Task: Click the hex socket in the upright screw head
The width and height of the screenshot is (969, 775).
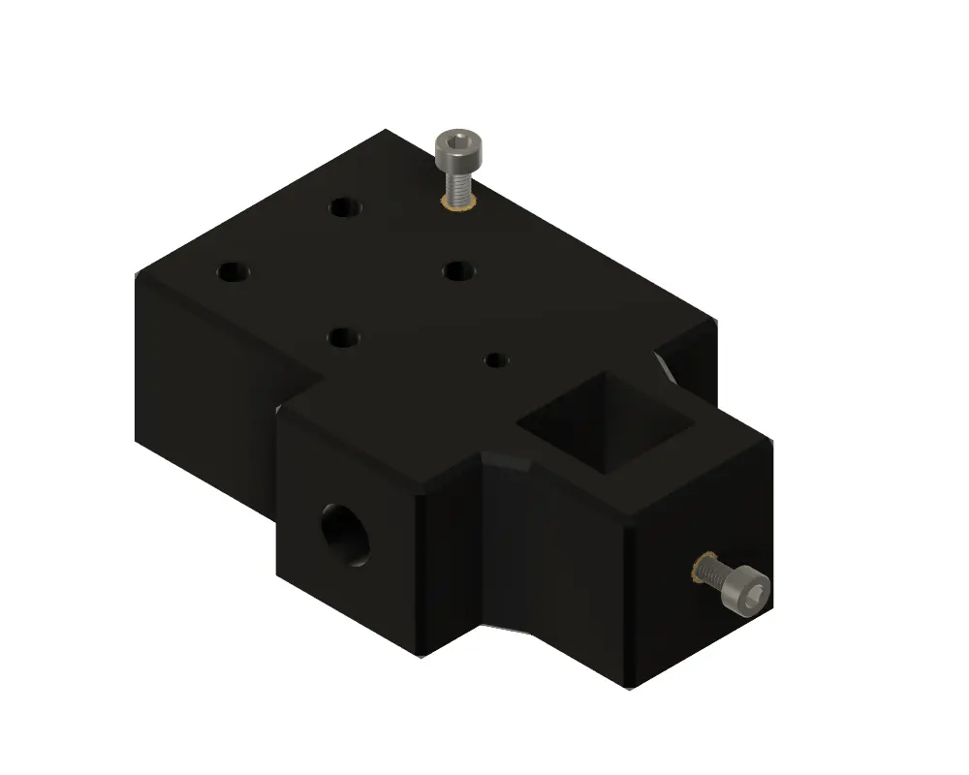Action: click(x=453, y=143)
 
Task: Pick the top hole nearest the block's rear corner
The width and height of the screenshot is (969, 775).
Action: click(x=344, y=206)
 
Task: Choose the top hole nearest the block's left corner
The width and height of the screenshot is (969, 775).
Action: click(x=232, y=272)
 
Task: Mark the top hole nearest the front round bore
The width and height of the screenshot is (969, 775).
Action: click(x=343, y=337)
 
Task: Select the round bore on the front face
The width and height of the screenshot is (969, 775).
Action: click(x=347, y=534)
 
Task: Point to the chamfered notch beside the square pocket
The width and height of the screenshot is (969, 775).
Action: click(x=509, y=461)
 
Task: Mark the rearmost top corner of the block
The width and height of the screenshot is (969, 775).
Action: click(x=387, y=130)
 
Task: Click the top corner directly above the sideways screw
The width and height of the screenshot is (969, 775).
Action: click(x=771, y=439)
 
